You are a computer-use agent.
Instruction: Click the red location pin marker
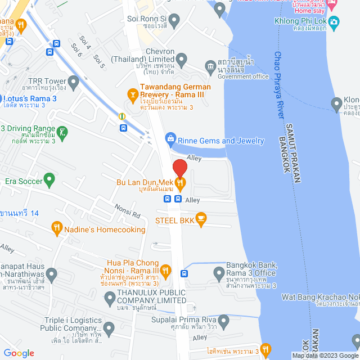(x=179, y=168)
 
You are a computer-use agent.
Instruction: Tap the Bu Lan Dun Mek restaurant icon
(x=179, y=182)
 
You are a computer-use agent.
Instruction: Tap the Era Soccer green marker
(x=49, y=180)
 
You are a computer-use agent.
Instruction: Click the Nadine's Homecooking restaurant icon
(x=56, y=228)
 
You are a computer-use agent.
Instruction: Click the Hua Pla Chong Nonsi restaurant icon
(x=165, y=271)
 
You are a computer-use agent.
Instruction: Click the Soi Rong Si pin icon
(x=174, y=22)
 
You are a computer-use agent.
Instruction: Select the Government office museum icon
(x=210, y=66)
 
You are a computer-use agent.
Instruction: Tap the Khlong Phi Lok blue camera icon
(x=334, y=23)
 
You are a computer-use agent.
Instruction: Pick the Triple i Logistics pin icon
(x=109, y=328)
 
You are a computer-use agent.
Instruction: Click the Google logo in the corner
(x=19, y=353)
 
